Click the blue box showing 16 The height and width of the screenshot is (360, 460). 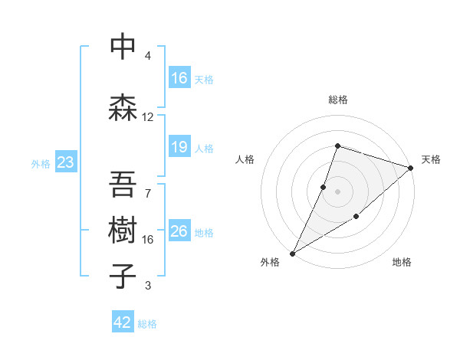(x=179, y=78)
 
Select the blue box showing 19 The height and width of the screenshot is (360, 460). (x=179, y=147)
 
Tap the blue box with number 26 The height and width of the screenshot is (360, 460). (x=179, y=231)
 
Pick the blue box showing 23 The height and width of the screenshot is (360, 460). (x=65, y=162)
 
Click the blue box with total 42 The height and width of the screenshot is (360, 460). (x=123, y=322)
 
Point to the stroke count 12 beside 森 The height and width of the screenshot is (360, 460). (x=148, y=117)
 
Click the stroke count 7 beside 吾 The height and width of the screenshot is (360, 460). (x=148, y=193)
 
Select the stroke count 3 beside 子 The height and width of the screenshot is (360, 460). (x=148, y=286)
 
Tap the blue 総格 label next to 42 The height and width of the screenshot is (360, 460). (x=147, y=324)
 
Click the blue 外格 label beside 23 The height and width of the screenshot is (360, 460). (x=40, y=164)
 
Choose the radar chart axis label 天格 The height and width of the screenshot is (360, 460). (x=431, y=159)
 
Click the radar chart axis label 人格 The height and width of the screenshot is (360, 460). (x=245, y=159)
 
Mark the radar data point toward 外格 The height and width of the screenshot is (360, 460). (x=292, y=253)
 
